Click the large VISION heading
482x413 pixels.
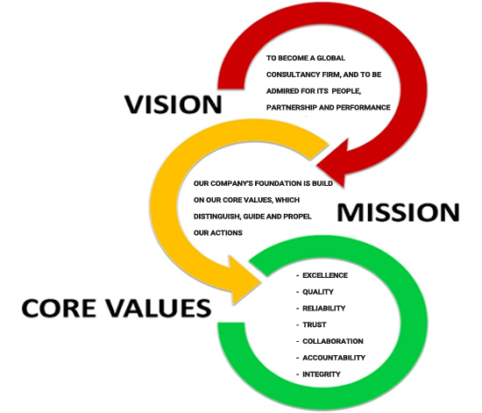(173, 104)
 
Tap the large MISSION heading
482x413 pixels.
(398, 212)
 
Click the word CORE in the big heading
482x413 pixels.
(59, 308)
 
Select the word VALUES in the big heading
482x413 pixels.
(159, 308)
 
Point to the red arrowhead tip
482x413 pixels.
(317, 167)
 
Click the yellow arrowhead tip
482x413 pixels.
(261, 282)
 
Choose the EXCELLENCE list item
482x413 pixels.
(325, 275)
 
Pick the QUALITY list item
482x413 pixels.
(318, 292)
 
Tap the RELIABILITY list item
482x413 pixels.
(324, 308)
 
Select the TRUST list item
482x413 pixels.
(314, 324)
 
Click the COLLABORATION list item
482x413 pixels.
(333, 341)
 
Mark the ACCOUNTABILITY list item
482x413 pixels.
(334, 358)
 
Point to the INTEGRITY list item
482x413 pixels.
(322, 374)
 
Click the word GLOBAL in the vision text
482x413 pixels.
(330, 58)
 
